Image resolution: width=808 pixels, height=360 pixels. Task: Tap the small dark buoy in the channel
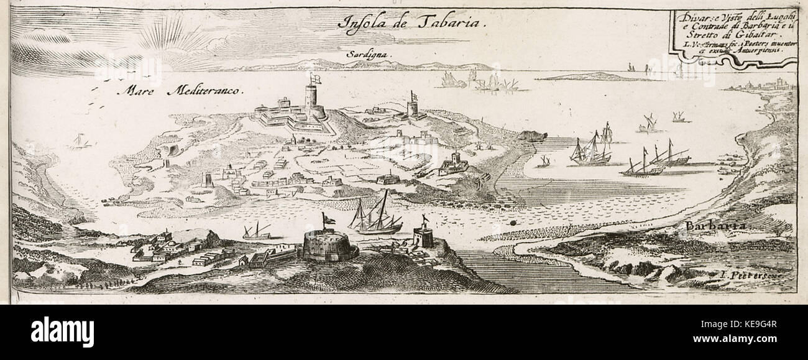click(x=513, y=220)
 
